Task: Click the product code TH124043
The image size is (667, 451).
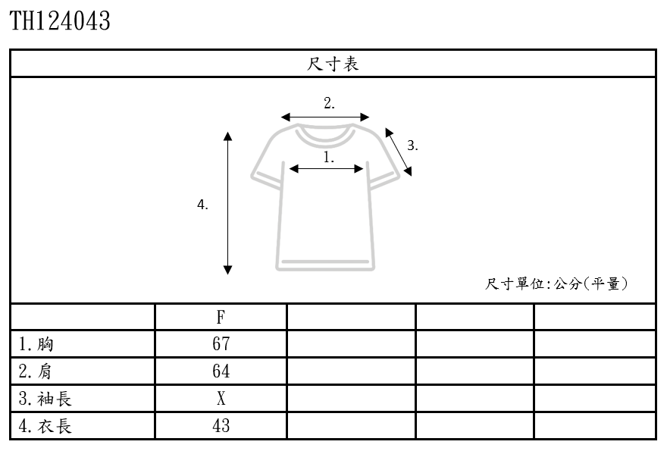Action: pyautogui.click(x=60, y=21)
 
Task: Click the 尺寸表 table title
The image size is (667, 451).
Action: pyautogui.click(x=333, y=64)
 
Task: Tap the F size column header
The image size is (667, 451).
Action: pyautogui.click(x=221, y=317)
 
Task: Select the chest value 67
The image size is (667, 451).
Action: pyautogui.click(x=221, y=344)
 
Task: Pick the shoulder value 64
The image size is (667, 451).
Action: pyautogui.click(x=221, y=371)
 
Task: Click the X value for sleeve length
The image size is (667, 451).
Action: pyautogui.click(x=221, y=399)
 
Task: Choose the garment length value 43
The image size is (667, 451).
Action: pyautogui.click(x=221, y=426)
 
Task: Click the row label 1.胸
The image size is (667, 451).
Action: pyautogui.click(x=36, y=344)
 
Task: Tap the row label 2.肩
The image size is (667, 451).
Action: pyautogui.click(x=36, y=371)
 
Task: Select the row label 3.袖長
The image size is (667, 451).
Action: pyautogui.click(x=45, y=399)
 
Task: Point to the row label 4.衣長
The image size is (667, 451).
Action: pyautogui.click(x=45, y=426)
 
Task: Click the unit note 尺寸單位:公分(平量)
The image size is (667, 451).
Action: pyautogui.click(x=558, y=284)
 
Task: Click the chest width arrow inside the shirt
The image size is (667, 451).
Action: pyautogui.click(x=327, y=170)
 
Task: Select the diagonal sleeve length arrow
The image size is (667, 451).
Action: pyautogui.click(x=399, y=152)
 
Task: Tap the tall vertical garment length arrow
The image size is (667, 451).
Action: pyautogui.click(x=227, y=203)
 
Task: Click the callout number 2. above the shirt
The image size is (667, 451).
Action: pyautogui.click(x=329, y=103)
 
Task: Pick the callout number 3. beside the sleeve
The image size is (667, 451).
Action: pyautogui.click(x=412, y=146)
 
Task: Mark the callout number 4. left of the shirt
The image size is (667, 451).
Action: pyautogui.click(x=202, y=205)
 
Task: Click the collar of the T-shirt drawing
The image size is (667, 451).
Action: pyautogui.click(x=325, y=136)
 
